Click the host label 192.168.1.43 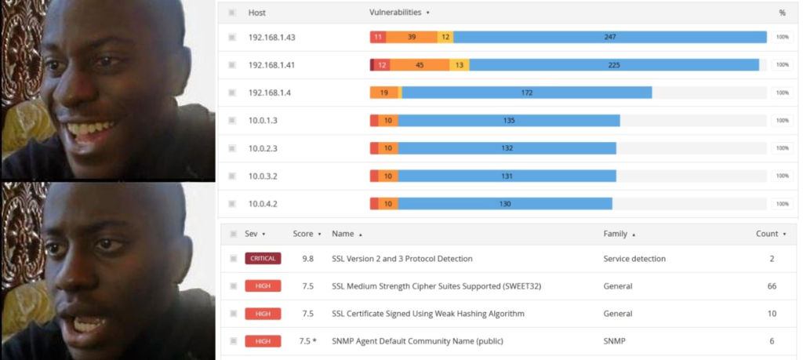click(x=271, y=38)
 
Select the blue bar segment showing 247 click(x=609, y=37)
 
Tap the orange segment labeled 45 click(x=420, y=65)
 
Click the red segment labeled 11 click(x=378, y=37)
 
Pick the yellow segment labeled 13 click(x=460, y=65)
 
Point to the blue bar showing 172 click(x=527, y=93)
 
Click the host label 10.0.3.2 click(x=263, y=176)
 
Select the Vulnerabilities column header click(x=395, y=13)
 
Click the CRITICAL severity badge click(x=263, y=259)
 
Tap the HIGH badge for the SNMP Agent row click(x=263, y=341)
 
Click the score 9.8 click(x=307, y=259)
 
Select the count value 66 click(x=772, y=286)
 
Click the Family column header click(x=615, y=234)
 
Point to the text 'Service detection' click(x=634, y=259)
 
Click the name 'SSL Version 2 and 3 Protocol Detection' click(x=402, y=259)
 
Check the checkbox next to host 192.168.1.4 click(x=232, y=93)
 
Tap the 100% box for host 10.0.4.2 click(x=782, y=204)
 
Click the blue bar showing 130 click(x=505, y=204)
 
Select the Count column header click(x=767, y=234)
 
